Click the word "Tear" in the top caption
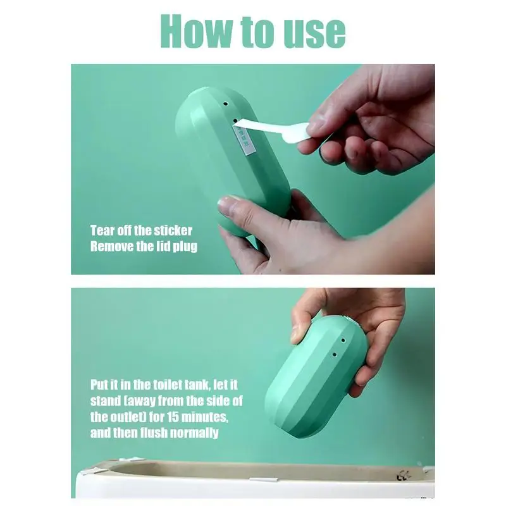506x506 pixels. coord(103,230)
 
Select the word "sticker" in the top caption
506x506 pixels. coord(172,230)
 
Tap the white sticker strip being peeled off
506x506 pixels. coord(272,131)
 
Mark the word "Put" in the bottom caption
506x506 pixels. coord(100,385)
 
